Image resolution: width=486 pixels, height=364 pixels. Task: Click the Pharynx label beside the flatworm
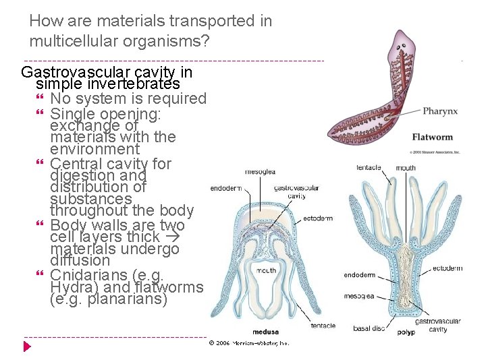(441, 111)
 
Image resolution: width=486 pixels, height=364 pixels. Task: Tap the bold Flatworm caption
(432, 138)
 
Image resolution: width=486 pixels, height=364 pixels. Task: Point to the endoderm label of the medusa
(226, 188)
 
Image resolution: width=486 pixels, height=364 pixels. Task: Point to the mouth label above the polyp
(406, 168)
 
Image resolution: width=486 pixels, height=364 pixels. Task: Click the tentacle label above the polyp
(369, 167)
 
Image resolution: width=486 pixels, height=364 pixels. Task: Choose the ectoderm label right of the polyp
(448, 268)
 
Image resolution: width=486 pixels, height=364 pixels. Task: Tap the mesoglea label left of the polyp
(359, 295)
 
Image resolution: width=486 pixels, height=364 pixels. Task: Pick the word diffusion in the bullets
(80, 260)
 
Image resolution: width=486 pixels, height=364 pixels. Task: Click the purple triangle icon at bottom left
(27, 346)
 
